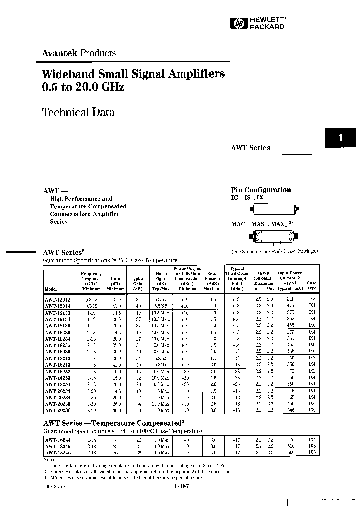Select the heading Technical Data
79,112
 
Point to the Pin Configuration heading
261,190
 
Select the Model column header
51,289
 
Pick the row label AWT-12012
57,300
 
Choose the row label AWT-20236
57,410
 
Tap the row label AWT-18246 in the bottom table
57,453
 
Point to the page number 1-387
184,486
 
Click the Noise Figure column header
161,281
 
